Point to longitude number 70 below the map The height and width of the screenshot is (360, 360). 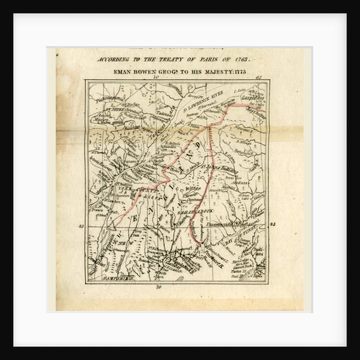(158, 287)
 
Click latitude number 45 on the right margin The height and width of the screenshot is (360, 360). (272, 225)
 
